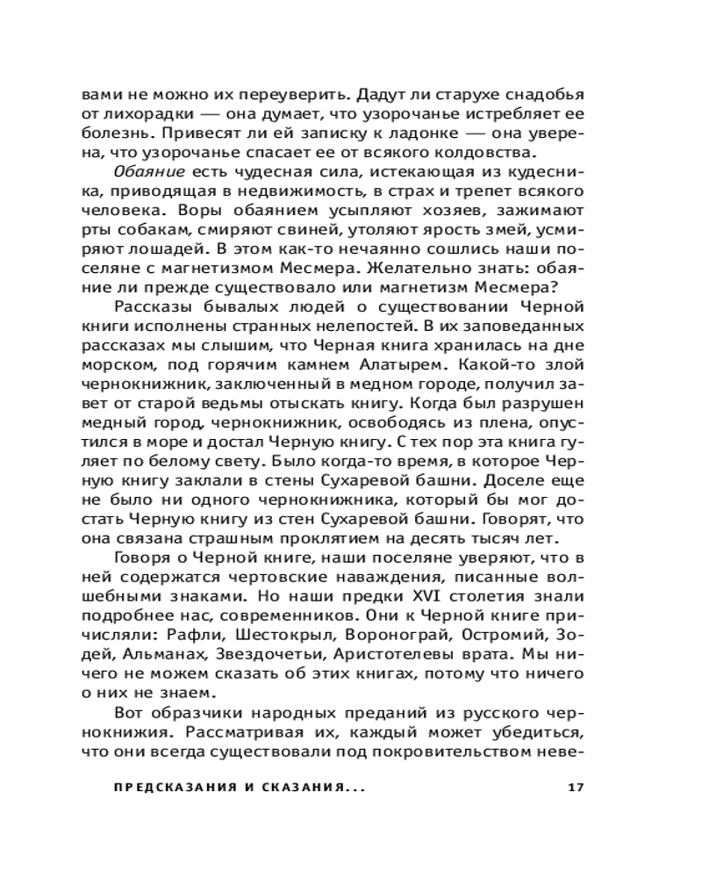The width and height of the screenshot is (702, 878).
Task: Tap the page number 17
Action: coord(577,786)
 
